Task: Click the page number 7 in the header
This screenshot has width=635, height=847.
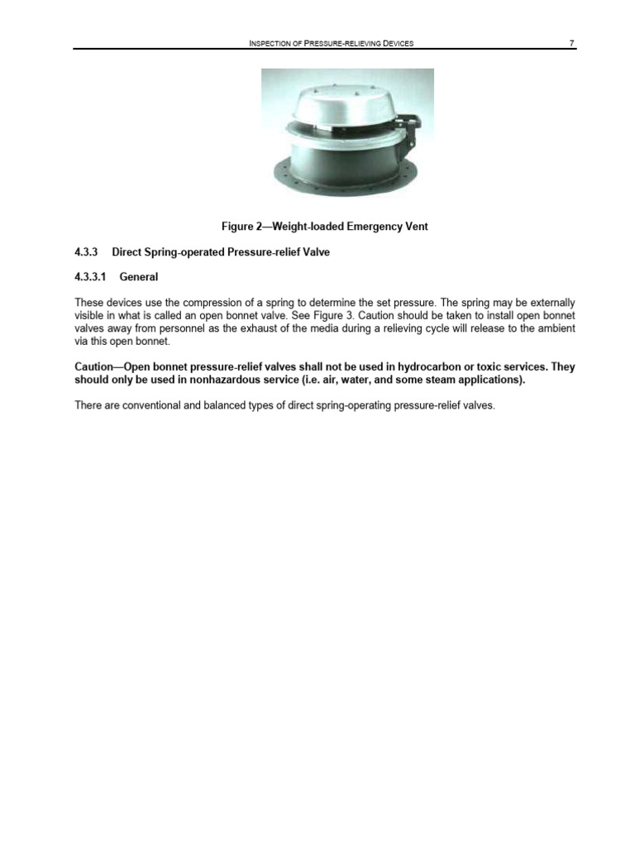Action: (572, 42)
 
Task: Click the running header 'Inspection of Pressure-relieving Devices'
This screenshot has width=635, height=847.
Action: (331, 42)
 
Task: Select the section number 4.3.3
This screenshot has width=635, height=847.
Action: (87, 252)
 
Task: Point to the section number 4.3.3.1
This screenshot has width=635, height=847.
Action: (91, 277)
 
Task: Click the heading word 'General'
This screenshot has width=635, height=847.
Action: (139, 277)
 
